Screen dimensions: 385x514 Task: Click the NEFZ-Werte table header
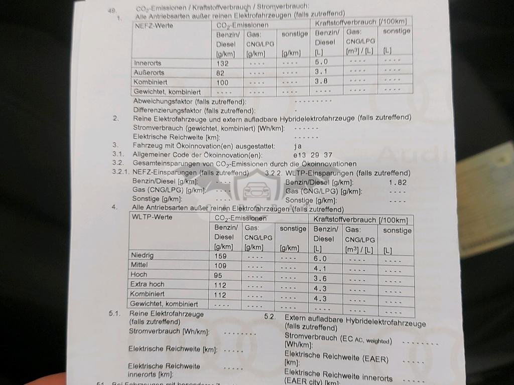pyautogui.click(x=154, y=26)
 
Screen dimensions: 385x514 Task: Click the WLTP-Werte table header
pyautogui.click(x=151, y=217)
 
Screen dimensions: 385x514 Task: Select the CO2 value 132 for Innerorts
pyautogui.click(x=222, y=64)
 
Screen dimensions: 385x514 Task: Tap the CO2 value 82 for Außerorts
pyautogui.click(x=221, y=73)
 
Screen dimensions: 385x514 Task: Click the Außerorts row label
pyautogui.click(x=147, y=73)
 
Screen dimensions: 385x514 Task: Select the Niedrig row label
pyautogui.click(x=143, y=255)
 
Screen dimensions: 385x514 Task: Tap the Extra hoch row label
pyautogui.click(x=147, y=284)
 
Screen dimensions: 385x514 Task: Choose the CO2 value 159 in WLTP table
pyautogui.click(x=220, y=256)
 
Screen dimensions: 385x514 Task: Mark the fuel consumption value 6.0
pyautogui.click(x=320, y=259)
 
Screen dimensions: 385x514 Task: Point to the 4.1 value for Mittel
pyautogui.click(x=320, y=268)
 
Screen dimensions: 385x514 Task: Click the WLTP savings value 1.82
pyautogui.click(x=398, y=182)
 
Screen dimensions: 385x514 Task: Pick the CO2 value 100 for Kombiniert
pyautogui.click(x=222, y=83)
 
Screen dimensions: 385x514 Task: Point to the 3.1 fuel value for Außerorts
pyautogui.click(x=321, y=71)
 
